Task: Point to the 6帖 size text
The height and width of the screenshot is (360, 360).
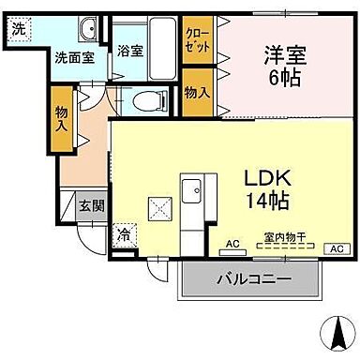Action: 282,80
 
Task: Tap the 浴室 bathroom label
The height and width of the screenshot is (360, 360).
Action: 130,52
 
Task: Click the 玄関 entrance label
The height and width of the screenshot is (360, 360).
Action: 90,205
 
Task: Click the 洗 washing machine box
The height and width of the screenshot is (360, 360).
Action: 19,27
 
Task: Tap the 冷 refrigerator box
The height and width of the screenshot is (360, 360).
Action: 124,236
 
